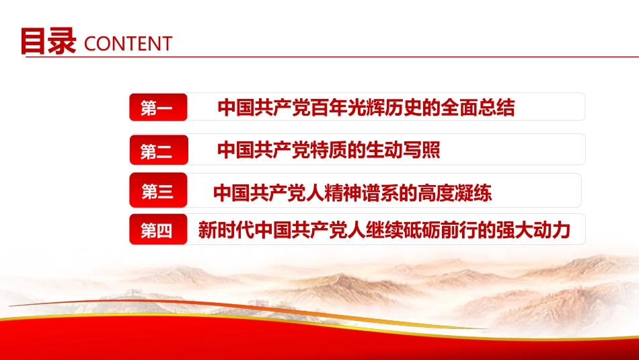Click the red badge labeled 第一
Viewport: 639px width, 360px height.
[x=157, y=108]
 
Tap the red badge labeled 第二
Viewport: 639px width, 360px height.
[x=157, y=151]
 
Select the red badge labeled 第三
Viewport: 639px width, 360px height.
[x=157, y=192]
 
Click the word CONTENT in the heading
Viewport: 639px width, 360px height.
[x=128, y=44]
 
